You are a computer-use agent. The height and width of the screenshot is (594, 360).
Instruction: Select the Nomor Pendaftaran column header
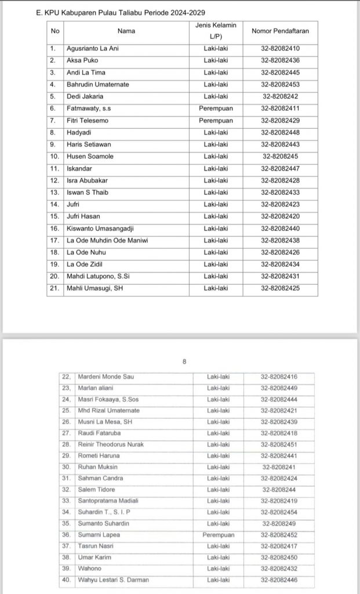(280, 30)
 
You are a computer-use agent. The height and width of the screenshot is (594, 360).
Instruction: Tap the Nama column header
(126, 30)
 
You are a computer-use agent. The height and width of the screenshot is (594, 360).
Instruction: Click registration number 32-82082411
(280, 108)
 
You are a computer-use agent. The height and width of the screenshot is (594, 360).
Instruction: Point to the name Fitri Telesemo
(87, 120)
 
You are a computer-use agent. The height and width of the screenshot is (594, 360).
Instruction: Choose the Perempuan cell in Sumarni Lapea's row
(219, 535)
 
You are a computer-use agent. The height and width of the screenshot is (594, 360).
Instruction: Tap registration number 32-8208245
(280, 157)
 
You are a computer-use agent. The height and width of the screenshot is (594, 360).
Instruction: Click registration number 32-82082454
(280, 512)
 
